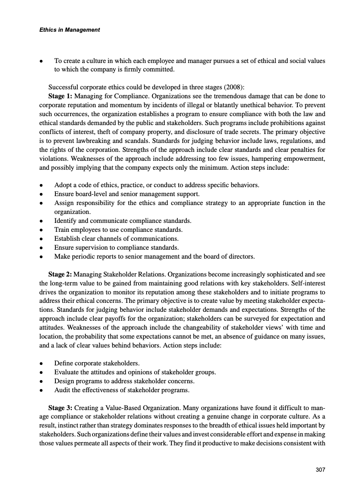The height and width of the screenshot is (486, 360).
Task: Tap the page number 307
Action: (x=320, y=469)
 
